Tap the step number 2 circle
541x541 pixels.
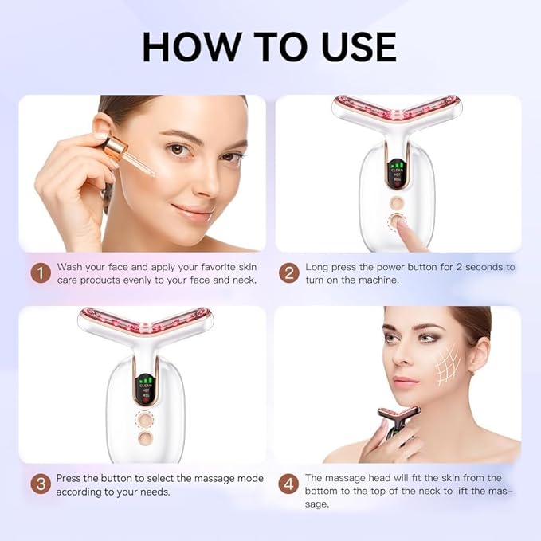click(289, 273)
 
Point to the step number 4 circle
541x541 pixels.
click(289, 484)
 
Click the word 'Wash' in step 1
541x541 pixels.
click(71, 267)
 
